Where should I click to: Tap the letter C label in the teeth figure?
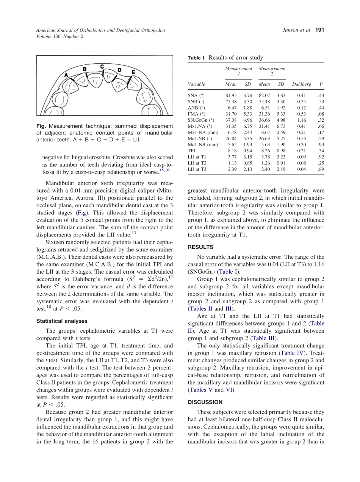point(102,67)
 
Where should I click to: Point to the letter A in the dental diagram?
point(66,75)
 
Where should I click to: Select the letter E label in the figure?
point(133,72)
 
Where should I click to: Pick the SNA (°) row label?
point(197,95)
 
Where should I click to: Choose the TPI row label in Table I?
point(192,150)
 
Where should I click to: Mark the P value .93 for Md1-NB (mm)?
point(321,144)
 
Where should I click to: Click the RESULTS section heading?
point(200,247)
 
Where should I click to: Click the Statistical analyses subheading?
point(62,321)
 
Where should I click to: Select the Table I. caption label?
point(196,58)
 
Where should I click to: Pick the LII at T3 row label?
point(197,169)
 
